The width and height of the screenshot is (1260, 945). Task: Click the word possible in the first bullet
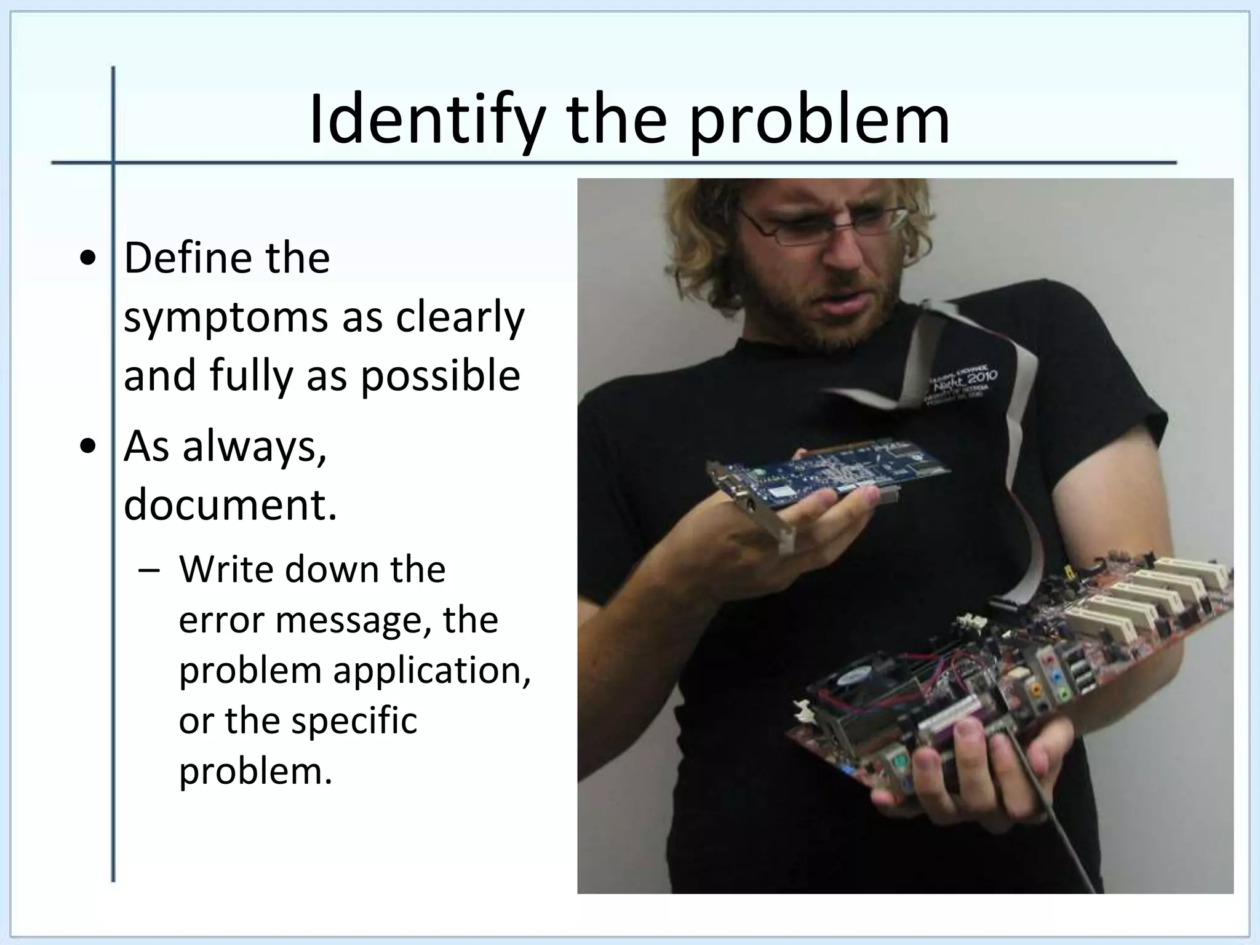(x=440, y=376)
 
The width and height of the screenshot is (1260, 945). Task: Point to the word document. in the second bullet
(x=230, y=504)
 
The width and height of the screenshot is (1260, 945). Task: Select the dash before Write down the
(x=147, y=570)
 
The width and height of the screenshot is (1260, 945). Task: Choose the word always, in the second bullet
(x=254, y=446)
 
